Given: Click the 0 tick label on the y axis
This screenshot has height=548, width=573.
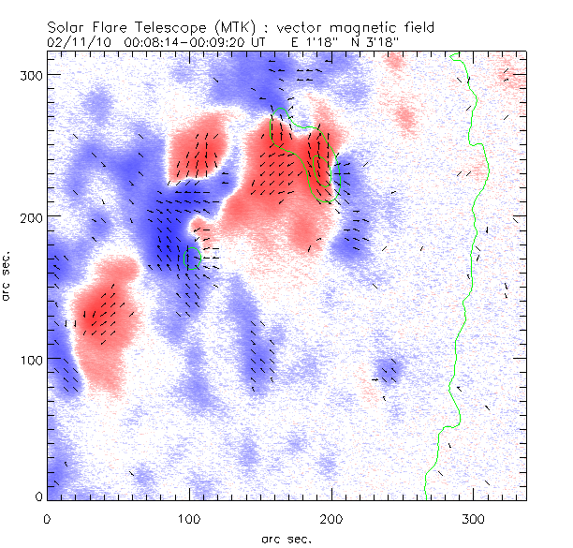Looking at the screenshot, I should tap(37, 496).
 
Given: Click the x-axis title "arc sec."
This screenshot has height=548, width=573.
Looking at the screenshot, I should tap(286, 539).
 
